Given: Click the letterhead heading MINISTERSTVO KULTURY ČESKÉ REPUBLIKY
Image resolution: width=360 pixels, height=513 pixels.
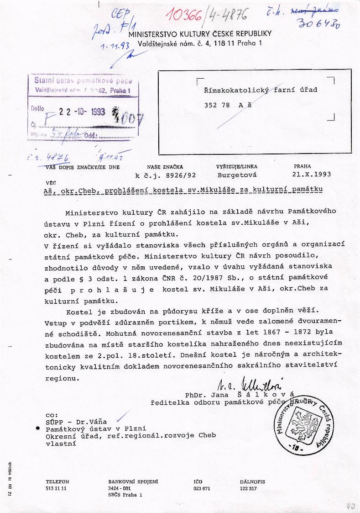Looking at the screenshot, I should click(200, 34).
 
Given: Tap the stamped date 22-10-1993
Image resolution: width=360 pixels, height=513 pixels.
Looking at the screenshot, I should click(82, 112).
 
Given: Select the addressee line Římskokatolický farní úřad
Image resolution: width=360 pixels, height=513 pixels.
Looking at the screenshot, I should click(261, 90).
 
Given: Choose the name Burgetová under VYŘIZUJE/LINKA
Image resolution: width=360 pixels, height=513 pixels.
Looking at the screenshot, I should click(237, 175).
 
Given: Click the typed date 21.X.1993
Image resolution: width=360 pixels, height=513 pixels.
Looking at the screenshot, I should click(312, 174).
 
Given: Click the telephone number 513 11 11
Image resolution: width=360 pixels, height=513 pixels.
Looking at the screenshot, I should click(57, 488).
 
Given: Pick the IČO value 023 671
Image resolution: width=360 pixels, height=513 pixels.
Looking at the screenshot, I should click(202, 488).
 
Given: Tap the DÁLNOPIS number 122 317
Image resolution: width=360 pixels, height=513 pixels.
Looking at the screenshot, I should click(248, 488).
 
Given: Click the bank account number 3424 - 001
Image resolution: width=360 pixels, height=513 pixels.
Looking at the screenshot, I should click(119, 488).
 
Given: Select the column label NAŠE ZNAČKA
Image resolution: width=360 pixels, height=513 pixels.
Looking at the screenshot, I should click(165, 167).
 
